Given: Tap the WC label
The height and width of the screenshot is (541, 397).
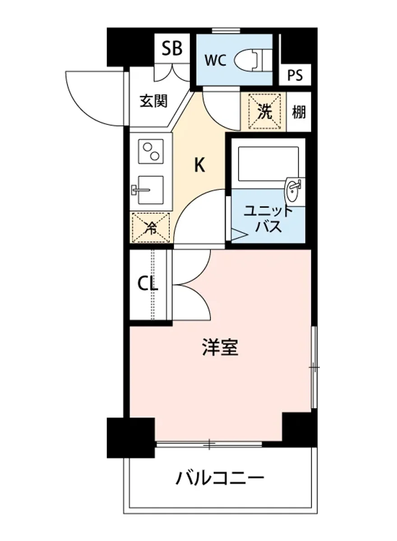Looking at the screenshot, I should pyautogui.click(x=216, y=61).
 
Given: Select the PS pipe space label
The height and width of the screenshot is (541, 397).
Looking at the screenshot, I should pyautogui.click(x=296, y=74).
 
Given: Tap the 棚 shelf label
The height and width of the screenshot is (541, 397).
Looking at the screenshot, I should pyautogui.click(x=298, y=112).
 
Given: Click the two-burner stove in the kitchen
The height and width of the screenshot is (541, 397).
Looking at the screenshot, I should pyautogui.click(x=151, y=151).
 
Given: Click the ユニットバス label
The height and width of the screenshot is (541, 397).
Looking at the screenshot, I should pyautogui.click(x=268, y=218).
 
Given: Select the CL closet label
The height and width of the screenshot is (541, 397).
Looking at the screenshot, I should pyautogui.click(x=148, y=284).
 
